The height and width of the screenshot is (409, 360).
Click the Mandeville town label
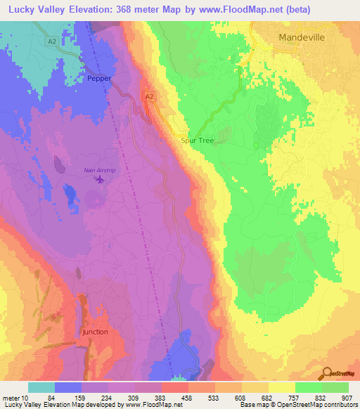302,37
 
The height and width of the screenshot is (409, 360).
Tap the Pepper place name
99,79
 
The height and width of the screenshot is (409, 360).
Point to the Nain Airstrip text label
99,169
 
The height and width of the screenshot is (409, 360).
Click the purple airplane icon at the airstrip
99,180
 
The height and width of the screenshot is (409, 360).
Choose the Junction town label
96,331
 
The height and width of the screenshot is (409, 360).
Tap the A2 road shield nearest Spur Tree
148,96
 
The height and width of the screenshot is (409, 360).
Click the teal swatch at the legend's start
41,387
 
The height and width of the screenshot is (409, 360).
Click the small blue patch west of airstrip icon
70,191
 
